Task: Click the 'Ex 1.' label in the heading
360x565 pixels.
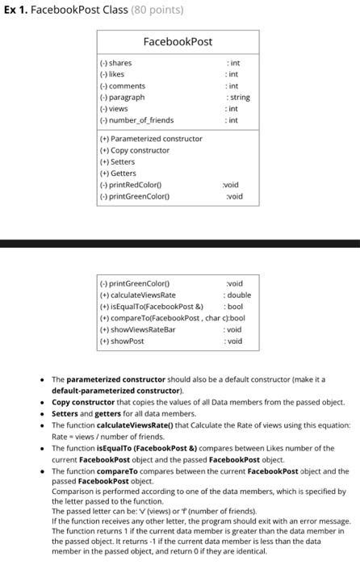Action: tap(15, 10)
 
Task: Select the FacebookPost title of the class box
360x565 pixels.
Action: tap(178, 41)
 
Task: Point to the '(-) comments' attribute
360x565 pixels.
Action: tap(122, 86)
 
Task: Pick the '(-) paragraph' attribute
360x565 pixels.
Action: tap(122, 97)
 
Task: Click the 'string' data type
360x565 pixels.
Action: tap(239, 97)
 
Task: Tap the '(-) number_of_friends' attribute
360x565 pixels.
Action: tap(136, 120)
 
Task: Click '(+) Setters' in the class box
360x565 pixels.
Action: tap(118, 161)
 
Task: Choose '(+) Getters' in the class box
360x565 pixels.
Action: tap(118, 173)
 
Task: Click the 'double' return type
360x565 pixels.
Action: tap(240, 295)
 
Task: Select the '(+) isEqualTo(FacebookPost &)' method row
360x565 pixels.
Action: tap(150, 307)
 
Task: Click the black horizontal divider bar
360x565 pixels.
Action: tap(180, 242)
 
